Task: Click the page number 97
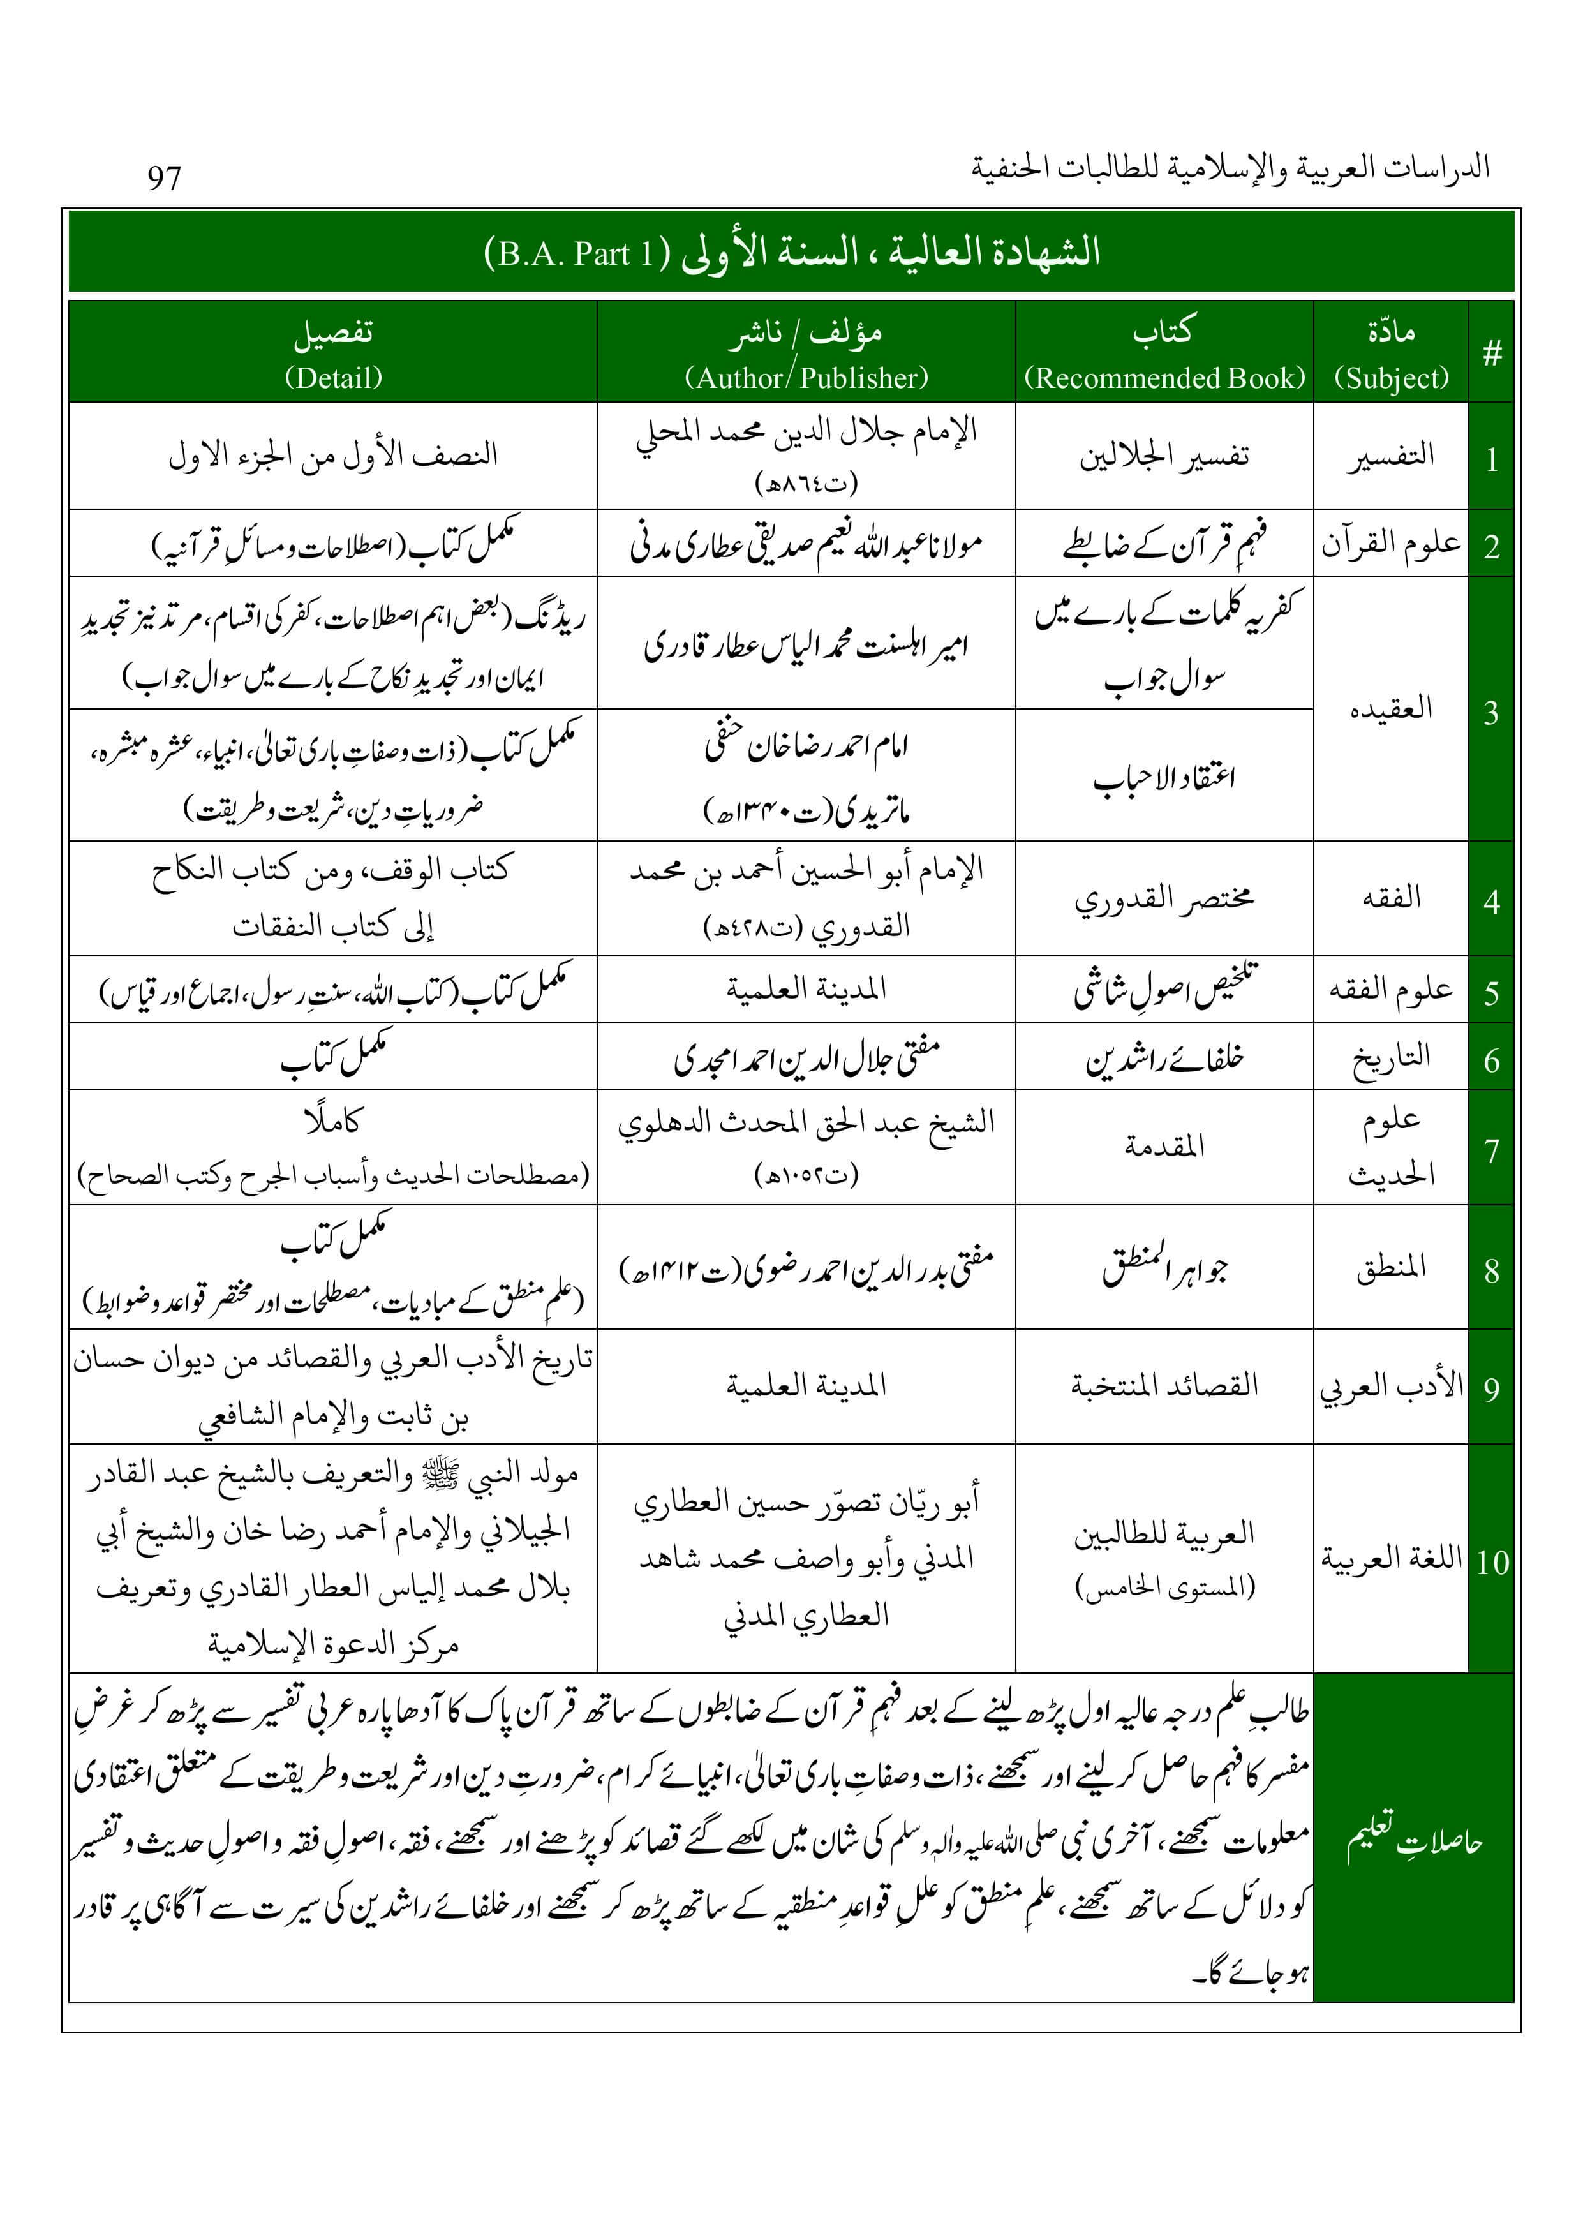pyautogui.click(x=164, y=177)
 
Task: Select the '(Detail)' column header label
pyautogui.click(x=332, y=377)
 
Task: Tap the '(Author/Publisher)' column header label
pyautogui.click(x=806, y=377)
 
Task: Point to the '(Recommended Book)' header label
pyautogui.click(x=1164, y=377)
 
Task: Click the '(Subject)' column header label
pyautogui.click(x=1391, y=377)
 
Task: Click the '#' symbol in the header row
pyautogui.click(x=1491, y=353)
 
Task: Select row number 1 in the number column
pyautogui.click(x=1491, y=457)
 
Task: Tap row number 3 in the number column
pyautogui.click(x=1491, y=712)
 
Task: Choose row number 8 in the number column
pyautogui.click(x=1491, y=1270)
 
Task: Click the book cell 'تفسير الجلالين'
pyautogui.click(x=1164, y=456)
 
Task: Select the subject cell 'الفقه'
pyautogui.click(x=1391, y=897)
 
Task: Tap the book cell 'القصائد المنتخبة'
pyautogui.click(x=1164, y=1385)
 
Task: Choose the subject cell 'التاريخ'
pyautogui.click(x=1391, y=1058)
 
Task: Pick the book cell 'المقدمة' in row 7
pyautogui.click(x=1164, y=1147)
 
